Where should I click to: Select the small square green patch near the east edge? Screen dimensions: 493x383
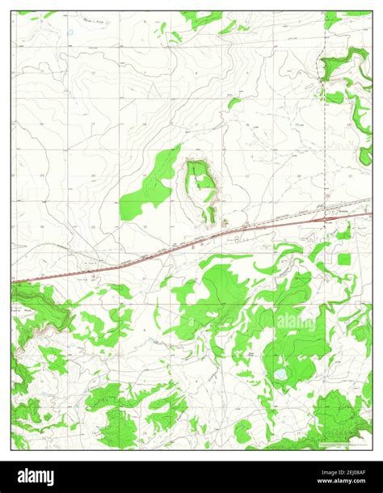345,259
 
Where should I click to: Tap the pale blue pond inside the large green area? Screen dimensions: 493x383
279,376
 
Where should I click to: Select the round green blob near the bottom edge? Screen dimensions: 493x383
242,430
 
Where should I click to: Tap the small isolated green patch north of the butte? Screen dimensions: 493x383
234,103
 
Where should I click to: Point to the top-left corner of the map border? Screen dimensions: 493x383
11,11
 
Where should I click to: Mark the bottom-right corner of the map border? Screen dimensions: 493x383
371,450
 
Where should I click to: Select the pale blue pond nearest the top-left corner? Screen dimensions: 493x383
70,32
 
